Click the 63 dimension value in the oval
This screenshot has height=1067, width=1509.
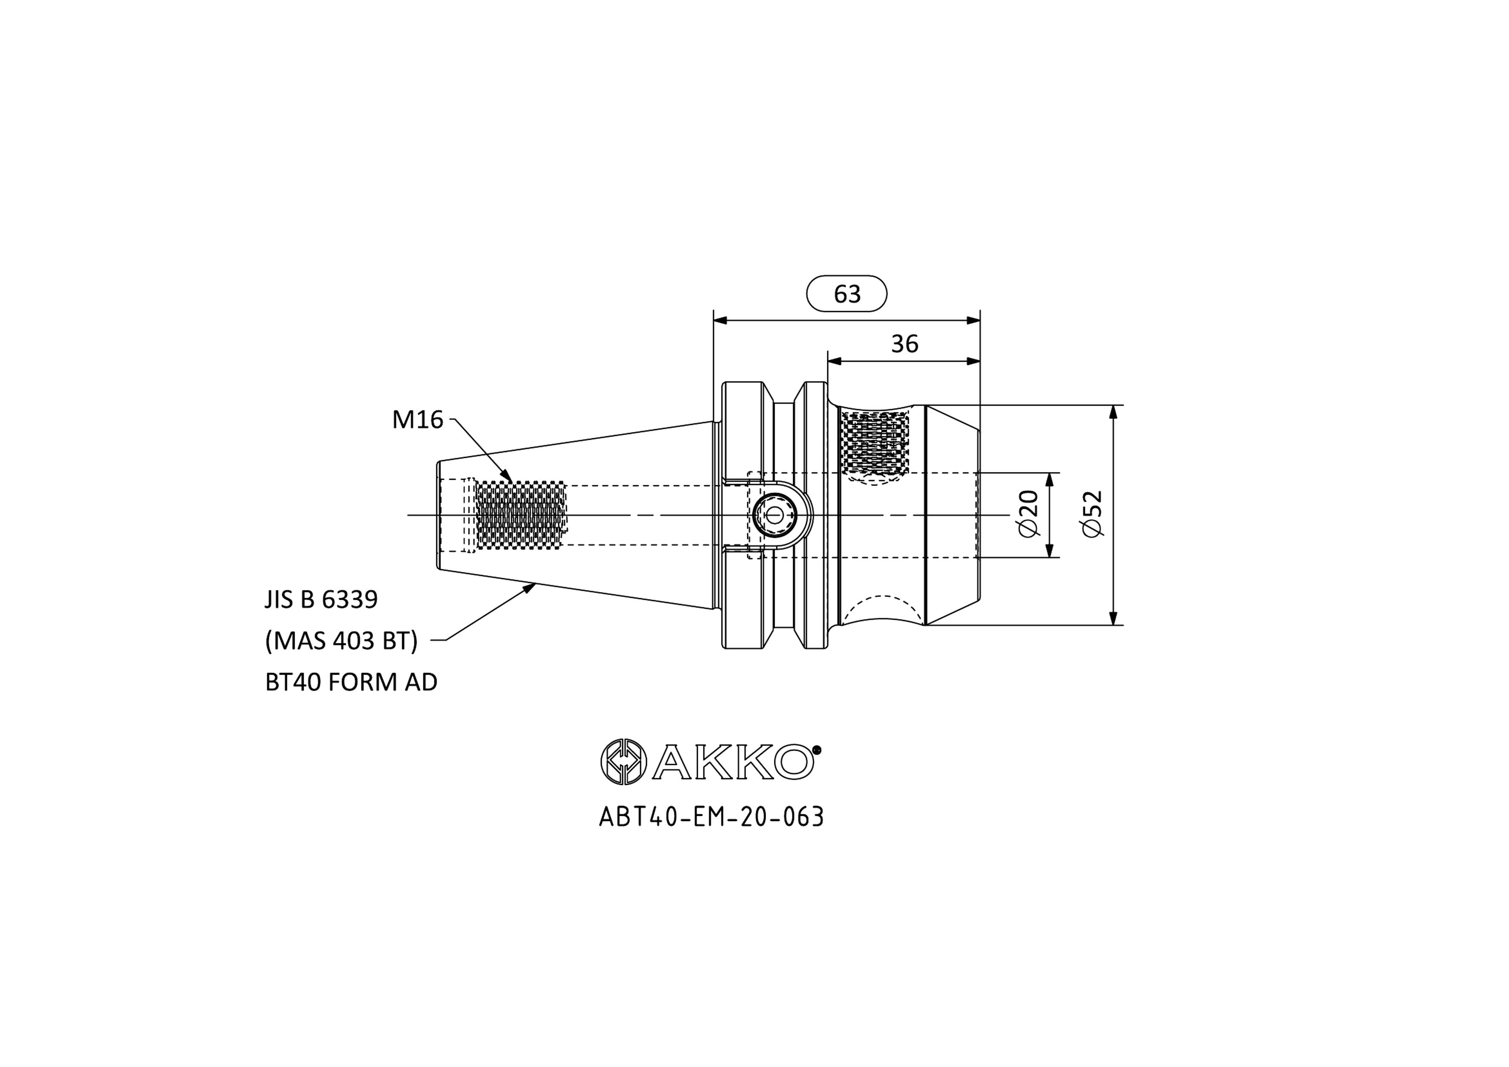pos(847,294)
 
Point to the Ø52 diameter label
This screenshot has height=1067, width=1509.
pos(1092,513)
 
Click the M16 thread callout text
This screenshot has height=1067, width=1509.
pos(417,419)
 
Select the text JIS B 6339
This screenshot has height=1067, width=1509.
pos(321,599)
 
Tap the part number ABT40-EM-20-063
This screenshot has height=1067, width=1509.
pos(711,817)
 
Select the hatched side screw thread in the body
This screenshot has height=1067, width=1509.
pos(875,442)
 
